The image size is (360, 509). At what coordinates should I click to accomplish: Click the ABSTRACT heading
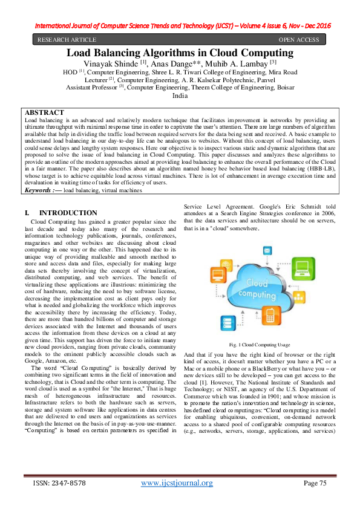(44, 113)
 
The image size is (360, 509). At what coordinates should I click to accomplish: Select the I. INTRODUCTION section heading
(61, 213)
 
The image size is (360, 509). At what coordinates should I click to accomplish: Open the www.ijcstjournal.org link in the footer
(177, 482)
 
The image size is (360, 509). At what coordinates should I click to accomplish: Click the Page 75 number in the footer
(315, 482)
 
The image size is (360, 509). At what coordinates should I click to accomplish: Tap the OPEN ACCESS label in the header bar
(298, 40)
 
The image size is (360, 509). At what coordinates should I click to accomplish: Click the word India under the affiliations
(180, 96)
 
